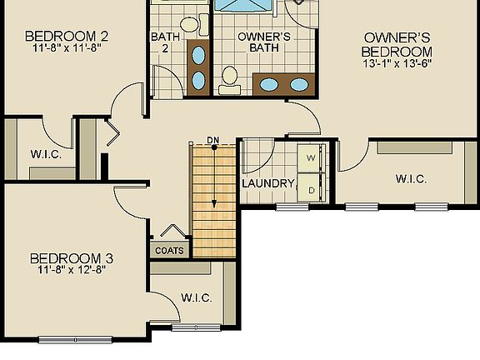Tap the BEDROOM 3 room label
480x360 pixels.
[x=71, y=257]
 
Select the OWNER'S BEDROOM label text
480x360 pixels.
[x=397, y=44]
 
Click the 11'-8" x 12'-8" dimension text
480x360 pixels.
[x=71, y=270]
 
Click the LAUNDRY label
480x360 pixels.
[x=268, y=183]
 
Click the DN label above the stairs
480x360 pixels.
[x=213, y=140]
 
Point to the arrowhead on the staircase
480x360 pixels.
[x=213, y=204]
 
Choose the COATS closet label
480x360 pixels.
[x=169, y=249]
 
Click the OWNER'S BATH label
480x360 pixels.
[x=263, y=43]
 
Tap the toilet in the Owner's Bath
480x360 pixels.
[x=230, y=80]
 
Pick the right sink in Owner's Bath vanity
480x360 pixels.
[x=297, y=83]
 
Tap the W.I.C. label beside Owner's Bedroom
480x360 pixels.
[x=411, y=179]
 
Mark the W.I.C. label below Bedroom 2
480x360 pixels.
[x=43, y=154]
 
